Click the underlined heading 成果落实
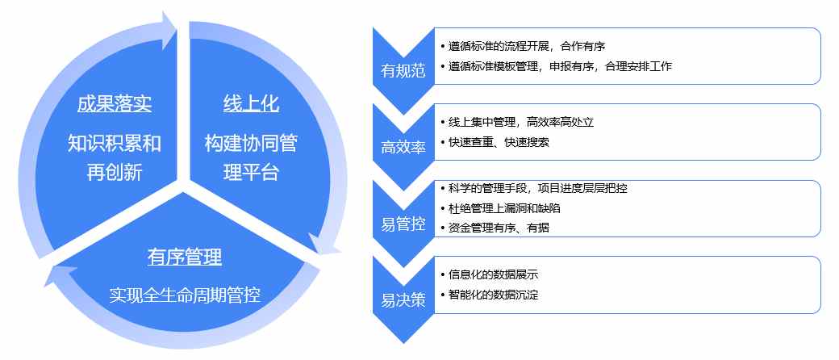point(114,104)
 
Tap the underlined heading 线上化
point(251,104)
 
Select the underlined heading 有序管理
point(185,257)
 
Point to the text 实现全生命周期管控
point(185,295)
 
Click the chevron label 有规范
point(403,71)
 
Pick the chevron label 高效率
point(403,148)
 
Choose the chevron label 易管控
point(403,224)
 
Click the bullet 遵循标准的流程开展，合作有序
point(523,46)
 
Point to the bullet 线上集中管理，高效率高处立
point(517,122)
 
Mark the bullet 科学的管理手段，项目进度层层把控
point(533,189)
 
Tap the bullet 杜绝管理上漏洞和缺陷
point(500,208)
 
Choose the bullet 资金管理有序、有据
point(495,228)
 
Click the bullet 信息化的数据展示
point(489,275)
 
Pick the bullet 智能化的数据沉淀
point(489,295)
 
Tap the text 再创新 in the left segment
point(114,173)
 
